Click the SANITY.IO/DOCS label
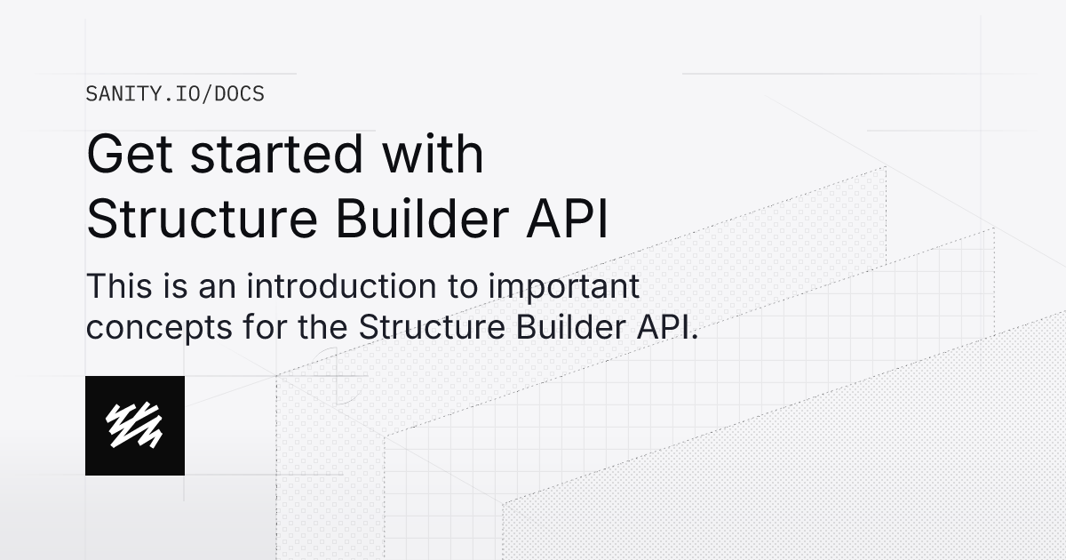coord(174,93)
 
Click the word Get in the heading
coord(131,155)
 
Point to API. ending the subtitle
coord(669,327)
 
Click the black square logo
coord(135,426)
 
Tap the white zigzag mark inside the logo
coord(135,426)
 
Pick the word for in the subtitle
coord(246,327)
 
